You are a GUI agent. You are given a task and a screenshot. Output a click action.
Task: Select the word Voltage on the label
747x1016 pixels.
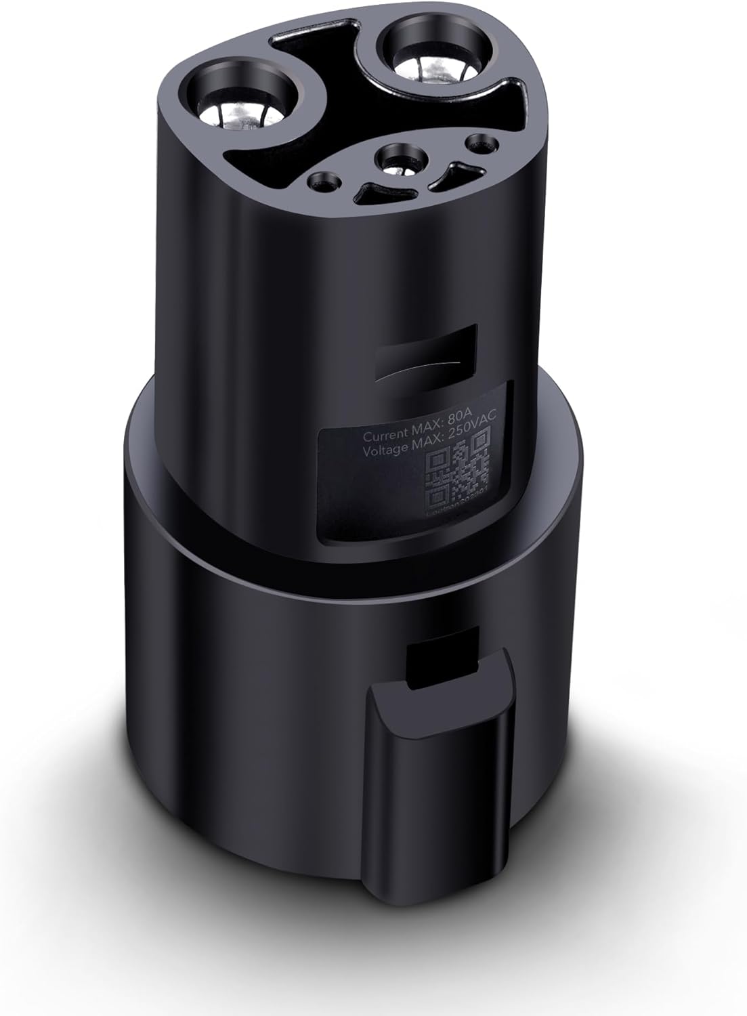coord(383,449)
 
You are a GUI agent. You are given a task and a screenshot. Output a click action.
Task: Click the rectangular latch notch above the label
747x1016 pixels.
coord(426,351)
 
